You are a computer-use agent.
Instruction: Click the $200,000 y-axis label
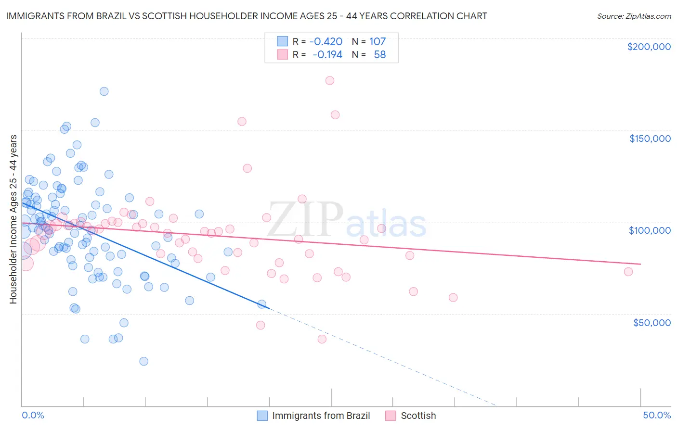click(x=649, y=47)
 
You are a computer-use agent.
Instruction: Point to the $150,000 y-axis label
click(x=650, y=139)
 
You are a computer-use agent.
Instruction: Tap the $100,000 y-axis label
click(x=650, y=230)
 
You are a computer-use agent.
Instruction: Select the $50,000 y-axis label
click(x=651, y=322)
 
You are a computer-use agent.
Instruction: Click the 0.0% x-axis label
click(x=33, y=415)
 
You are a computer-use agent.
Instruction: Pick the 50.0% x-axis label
click(x=657, y=415)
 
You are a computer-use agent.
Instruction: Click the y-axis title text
click(x=13, y=219)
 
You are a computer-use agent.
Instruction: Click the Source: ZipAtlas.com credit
click(x=634, y=16)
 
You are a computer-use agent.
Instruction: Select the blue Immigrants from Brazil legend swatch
click(x=262, y=416)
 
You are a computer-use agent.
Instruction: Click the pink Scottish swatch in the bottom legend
click(x=391, y=416)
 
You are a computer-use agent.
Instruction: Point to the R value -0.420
click(x=325, y=41)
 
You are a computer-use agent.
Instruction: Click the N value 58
click(x=379, y=55)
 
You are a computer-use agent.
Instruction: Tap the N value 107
click(x=377, y=41)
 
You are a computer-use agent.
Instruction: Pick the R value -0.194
click(x=327, y=55)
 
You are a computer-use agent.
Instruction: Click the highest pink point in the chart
click(x=330, y=80)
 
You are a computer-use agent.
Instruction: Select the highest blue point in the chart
click(x=104, y=91)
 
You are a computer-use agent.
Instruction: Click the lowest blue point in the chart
click(x=143, y=361)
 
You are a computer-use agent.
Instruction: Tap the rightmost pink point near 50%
click(x=628, y=272)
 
